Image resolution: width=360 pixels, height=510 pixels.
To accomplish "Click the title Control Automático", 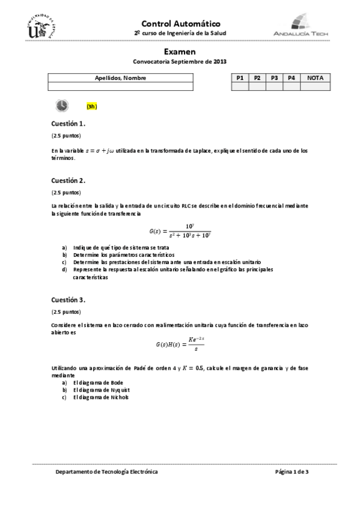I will [x=180, y=22].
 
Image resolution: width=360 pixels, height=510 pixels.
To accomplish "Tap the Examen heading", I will [x=180, y=52].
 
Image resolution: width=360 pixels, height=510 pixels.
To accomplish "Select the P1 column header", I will [x=240, y=78].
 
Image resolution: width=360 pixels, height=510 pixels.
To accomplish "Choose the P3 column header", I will [x=274, y=78].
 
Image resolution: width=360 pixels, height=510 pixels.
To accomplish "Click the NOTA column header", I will [x=316, y=78].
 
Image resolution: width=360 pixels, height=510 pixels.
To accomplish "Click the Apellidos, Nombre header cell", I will [x=120, y=78].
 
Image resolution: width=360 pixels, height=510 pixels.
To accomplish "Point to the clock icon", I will [x=62, y=106].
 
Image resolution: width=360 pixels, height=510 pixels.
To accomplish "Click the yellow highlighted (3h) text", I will [x=91, y=106].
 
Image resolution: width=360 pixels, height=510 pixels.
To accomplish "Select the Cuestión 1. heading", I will [x=68, y=124].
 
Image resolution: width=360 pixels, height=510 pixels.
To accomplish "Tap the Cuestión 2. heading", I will [x=68, y=180].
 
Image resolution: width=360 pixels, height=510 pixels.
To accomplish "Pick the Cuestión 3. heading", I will [x=68, y=299].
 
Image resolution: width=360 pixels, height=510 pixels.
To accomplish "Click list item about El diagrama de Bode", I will [x=97, y=382].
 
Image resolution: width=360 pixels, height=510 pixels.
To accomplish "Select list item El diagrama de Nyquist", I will [x=100, y=390].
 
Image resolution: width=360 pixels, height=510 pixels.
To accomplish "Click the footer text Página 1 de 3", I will [x=291, y=472].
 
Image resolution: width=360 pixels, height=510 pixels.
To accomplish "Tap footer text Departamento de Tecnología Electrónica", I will [x=106, y=472].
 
